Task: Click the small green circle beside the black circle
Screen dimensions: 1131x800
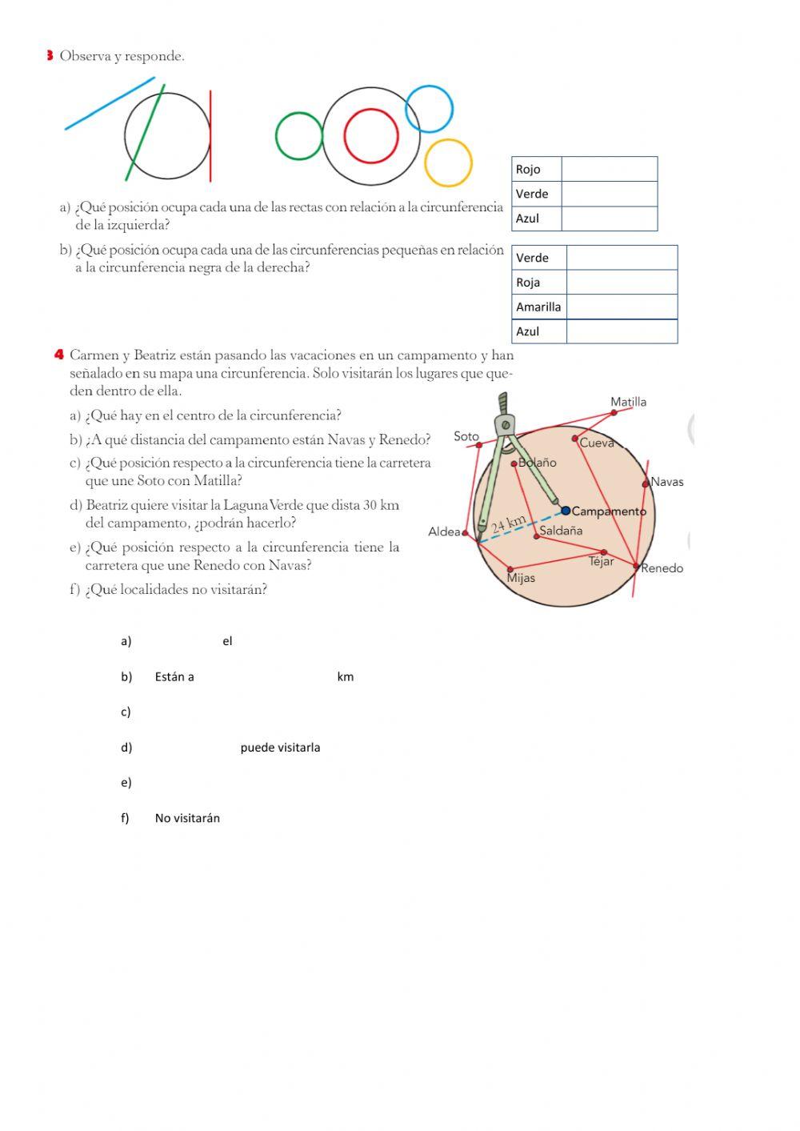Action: coord(298,136)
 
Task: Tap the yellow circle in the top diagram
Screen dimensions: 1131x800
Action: coord(448,162)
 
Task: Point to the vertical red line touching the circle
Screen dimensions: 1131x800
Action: coord(210,136)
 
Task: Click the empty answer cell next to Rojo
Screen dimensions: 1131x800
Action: coord(609,169)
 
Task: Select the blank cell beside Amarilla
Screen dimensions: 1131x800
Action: coord(622,307)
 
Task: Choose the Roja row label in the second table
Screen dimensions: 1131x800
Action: coord(528,283)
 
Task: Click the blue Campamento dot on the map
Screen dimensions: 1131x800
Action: coord(566,511)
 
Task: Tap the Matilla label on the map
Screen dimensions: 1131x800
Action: coord(628,402)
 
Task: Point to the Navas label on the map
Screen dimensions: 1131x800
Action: coord(667,482)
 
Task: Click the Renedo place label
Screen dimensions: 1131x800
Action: coord(662,568)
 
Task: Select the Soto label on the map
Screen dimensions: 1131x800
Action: coord(466,436)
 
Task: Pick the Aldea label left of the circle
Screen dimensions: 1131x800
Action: coord(444,531)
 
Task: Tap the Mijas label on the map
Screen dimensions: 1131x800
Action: coord(521,578)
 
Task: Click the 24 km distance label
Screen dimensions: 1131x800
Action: coord(509,524)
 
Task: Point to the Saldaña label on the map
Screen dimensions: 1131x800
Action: coord(561,531)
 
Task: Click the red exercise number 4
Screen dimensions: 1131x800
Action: coord(59,355)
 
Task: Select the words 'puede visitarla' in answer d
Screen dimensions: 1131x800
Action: coord(280,748)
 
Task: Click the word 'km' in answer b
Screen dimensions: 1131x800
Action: coord(345,677)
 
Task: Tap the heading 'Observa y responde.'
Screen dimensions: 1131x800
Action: coord(122,56)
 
